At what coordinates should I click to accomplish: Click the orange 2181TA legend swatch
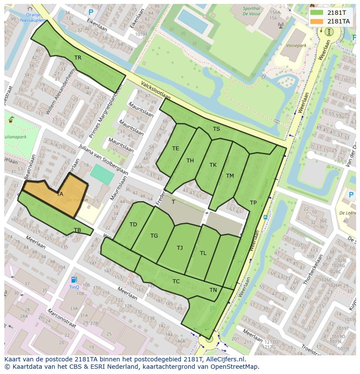pos(317,21)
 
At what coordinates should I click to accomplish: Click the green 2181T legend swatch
pos(317,13)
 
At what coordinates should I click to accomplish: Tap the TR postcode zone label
pos(78,57)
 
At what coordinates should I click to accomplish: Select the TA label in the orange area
pos(60,194)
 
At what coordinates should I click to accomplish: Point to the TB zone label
pos(77,230)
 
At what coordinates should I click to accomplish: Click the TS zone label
pos(216,129)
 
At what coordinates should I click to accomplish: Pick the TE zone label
pos(175,149)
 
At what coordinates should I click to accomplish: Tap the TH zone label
pos(190,161)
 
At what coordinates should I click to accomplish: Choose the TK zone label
pos(213,165)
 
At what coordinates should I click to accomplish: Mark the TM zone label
pos(230,176)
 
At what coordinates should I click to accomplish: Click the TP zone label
pos(253,203)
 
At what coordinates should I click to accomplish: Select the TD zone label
pos(133,225)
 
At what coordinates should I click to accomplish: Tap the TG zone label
pos(154,236)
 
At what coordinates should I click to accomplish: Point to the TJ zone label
pos(180,248)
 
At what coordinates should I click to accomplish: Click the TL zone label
pos(203,253)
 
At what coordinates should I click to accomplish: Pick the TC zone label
pos(176,281)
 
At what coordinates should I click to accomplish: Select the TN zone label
pos(213,290)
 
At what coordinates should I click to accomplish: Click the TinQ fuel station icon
pos(74,279)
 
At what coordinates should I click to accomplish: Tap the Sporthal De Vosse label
pos(251,11)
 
